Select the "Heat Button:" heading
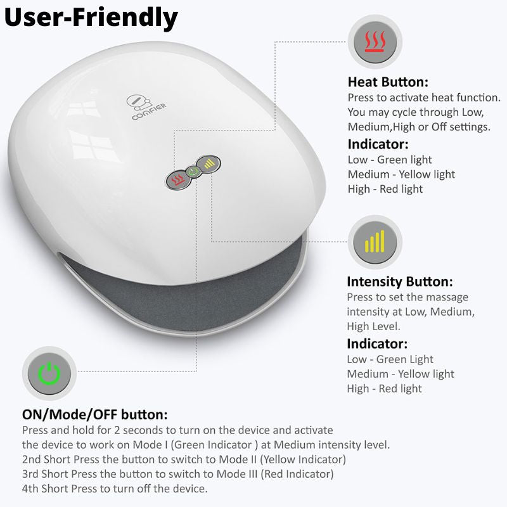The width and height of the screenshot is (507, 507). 388,82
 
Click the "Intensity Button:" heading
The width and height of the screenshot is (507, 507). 399,281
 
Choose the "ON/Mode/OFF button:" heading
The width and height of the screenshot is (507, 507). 94,415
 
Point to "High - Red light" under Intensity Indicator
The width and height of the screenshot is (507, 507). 384,388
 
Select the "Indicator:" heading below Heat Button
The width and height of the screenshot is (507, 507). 378,144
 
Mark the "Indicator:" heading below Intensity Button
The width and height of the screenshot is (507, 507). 377,344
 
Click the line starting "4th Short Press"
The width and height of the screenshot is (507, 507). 114,489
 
